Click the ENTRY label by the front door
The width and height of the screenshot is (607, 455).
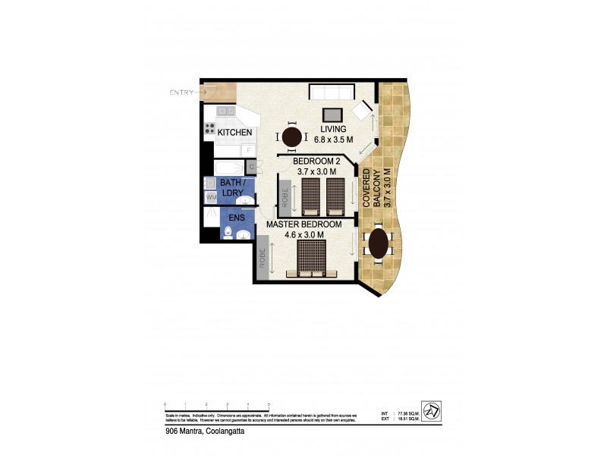coord(181,93)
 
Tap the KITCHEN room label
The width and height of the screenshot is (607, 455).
coord(234,133)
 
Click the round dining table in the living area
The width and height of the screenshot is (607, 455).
coord(293,137)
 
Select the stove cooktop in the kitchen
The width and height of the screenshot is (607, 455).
coord(210,127)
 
